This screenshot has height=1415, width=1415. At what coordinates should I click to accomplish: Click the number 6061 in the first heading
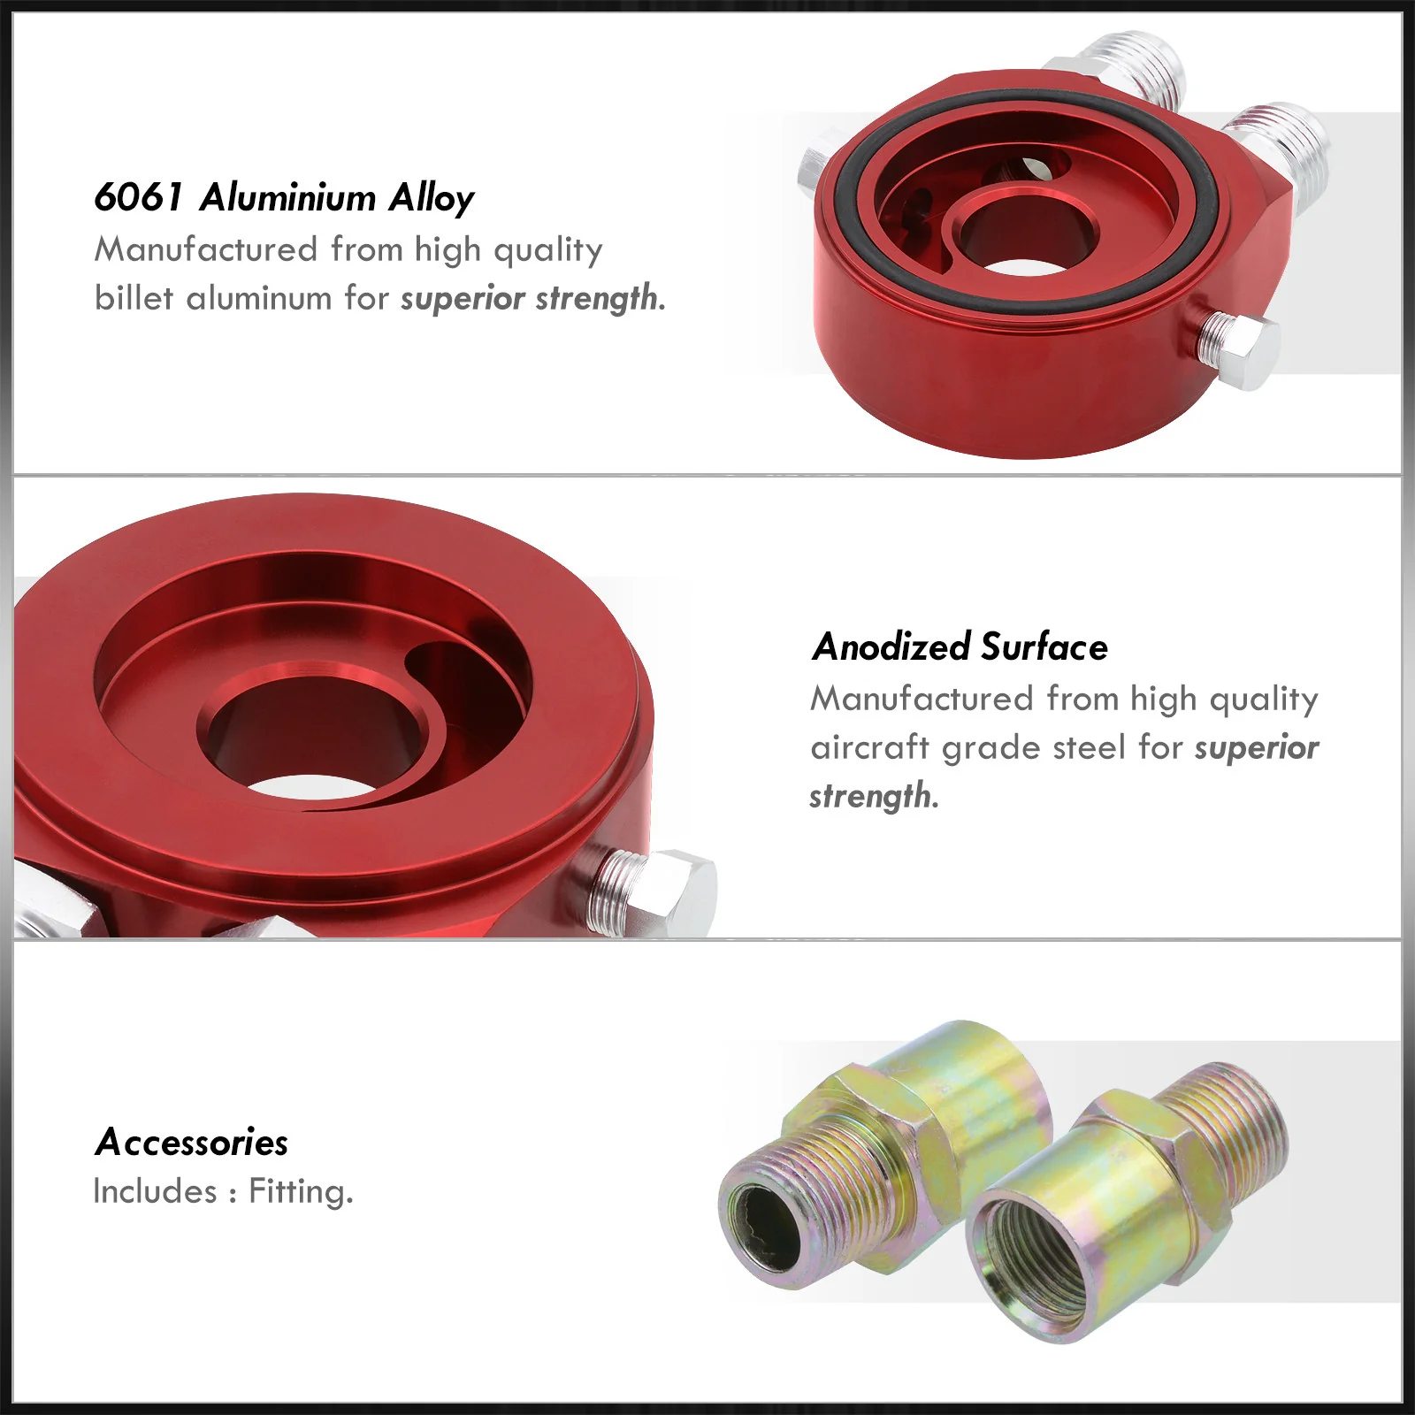[138, 197]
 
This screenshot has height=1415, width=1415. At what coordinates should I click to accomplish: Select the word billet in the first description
[134, 298]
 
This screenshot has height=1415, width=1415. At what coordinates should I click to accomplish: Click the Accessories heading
[192, 1142]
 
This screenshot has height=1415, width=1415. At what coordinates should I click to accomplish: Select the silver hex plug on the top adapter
[1235, 351]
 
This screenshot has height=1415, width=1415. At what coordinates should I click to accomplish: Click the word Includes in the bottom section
[156, 1191]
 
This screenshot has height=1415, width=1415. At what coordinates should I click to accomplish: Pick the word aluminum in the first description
[260, 298]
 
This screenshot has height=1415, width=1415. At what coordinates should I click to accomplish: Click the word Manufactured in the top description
[206, 249]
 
